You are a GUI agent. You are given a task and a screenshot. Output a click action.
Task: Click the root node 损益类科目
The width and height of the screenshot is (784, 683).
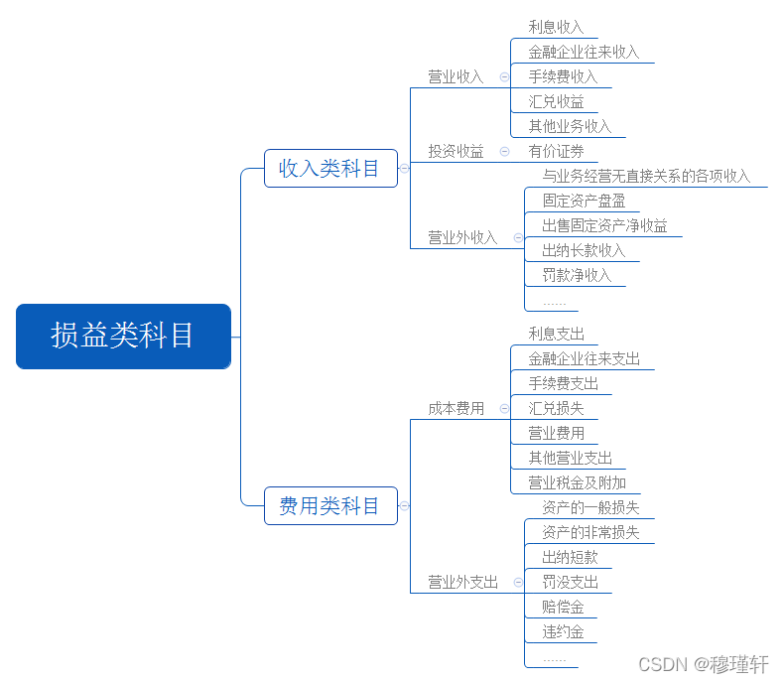click(x=123, y=336)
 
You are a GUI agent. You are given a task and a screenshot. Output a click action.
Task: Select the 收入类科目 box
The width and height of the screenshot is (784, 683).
click(x=330, y=168)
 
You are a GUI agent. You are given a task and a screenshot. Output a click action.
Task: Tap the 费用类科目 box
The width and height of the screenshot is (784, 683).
click(x=330, y=505)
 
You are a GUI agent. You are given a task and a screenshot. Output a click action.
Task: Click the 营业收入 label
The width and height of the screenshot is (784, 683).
click(x=456, y=77)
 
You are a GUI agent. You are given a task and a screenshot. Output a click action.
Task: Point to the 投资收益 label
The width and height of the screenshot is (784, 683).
click(x=456, y=151)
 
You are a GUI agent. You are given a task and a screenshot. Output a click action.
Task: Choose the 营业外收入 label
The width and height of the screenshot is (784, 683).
click(x=462, y=237)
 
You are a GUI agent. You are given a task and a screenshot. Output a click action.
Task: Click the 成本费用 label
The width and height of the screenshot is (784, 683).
click(x=456, y=408)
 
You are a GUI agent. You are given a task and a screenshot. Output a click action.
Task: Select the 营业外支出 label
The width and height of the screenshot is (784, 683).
click(x=462, y=582)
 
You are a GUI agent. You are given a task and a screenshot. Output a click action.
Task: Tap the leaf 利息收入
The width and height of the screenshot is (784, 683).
click(x=556, y=27)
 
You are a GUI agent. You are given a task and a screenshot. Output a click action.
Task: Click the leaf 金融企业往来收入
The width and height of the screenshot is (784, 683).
click(x=584, y=52)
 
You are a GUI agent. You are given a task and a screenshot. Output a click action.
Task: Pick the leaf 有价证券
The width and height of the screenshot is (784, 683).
click(x=556, y=151)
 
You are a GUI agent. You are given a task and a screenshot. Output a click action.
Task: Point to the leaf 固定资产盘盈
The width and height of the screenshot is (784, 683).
click(x=584, y=201)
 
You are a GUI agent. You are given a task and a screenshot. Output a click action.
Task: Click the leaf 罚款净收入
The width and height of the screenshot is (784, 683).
click(x=577, y=275)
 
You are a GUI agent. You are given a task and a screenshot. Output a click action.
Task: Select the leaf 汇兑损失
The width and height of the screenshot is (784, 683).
click(x=556, y=408)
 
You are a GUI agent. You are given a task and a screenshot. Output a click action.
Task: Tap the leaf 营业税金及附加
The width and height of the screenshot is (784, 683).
click(x=577, y=482)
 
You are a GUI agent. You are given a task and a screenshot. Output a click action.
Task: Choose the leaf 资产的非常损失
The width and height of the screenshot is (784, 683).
click(x=591, y=532)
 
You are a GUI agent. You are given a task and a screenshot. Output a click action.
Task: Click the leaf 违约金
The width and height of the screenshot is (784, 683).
click(x=563, y=631)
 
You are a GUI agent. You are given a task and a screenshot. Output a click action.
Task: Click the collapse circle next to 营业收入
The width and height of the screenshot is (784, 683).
click(x=504, y=77)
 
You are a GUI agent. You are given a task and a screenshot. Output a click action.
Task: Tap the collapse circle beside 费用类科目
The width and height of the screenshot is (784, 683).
click(x=404, y=506)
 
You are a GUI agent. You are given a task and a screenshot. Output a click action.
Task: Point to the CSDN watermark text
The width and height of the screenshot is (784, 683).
click(x=704, y=664)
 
